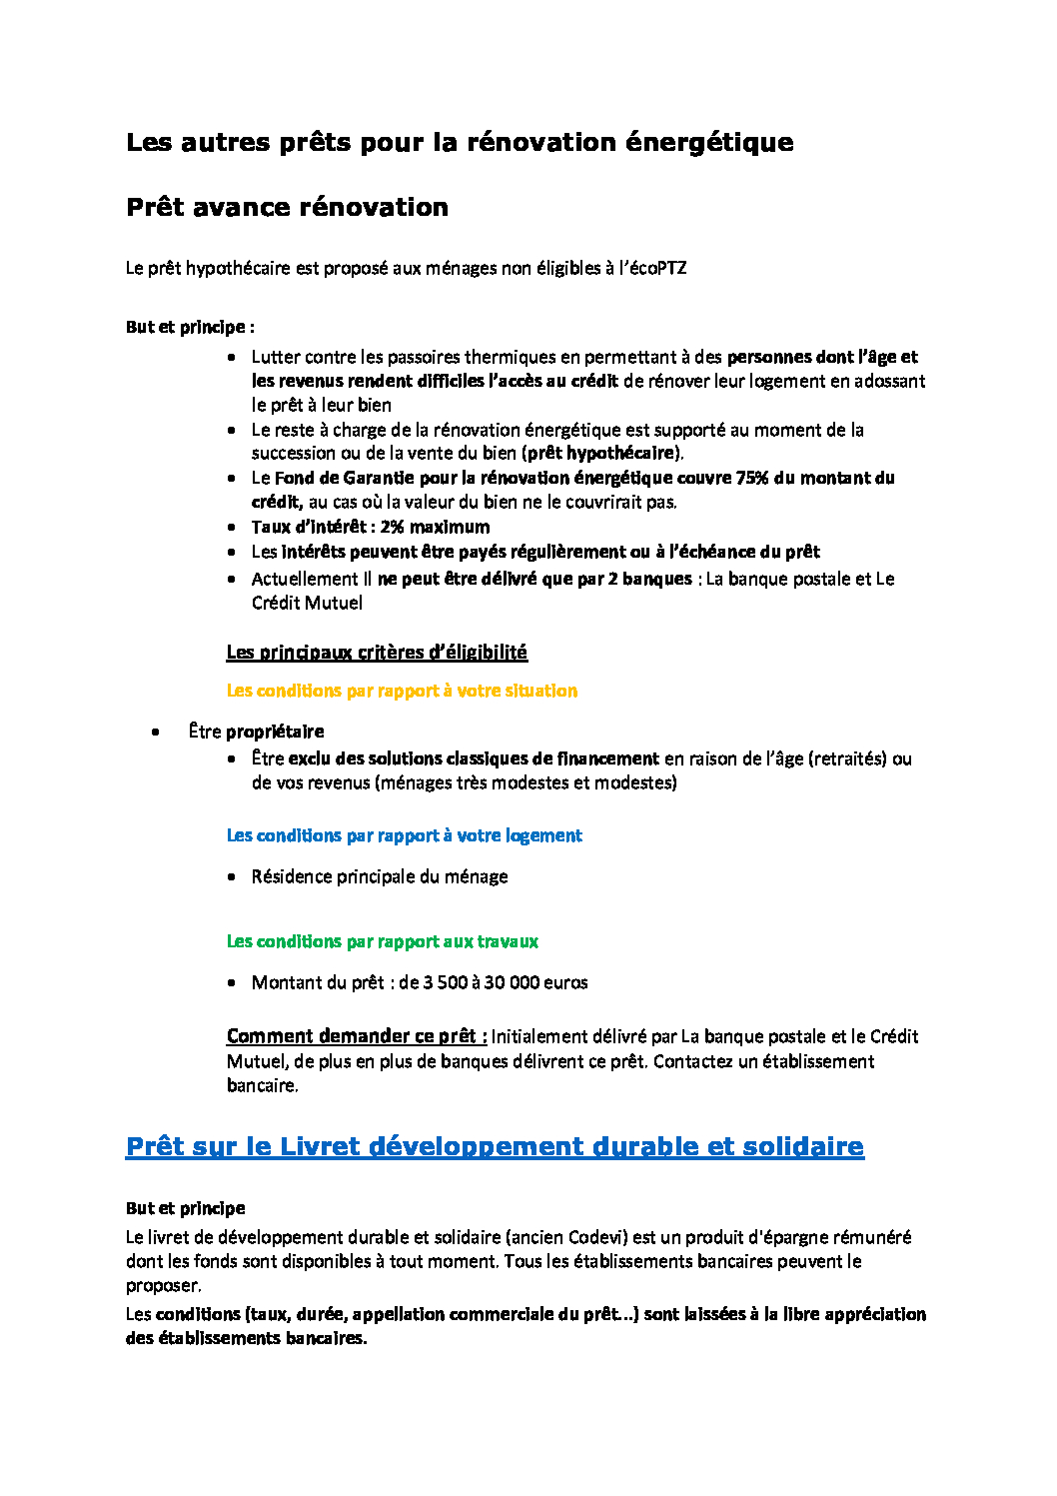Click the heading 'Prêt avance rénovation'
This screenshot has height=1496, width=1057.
[287, 208]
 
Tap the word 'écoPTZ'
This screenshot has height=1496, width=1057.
[657, 268]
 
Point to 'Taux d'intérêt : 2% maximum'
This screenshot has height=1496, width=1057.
[371, 527]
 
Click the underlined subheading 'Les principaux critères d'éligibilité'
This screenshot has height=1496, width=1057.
[377, 653]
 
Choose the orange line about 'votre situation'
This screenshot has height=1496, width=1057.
[402, 691]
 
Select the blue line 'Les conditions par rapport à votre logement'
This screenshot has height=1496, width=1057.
[404, 835]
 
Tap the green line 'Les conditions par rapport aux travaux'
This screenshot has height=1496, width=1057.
[382, 941]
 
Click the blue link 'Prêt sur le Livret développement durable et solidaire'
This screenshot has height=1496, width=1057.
[495, 1146]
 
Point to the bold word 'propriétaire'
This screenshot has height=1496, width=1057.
[275, 732]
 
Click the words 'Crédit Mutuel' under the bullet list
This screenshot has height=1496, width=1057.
[307, 603]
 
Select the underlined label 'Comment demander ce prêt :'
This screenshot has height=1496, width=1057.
[357, 1036]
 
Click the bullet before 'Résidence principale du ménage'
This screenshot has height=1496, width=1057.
[232, 877]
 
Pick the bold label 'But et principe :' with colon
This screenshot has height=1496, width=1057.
[190, 327]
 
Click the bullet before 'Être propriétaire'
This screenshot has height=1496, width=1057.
[156, 732]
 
